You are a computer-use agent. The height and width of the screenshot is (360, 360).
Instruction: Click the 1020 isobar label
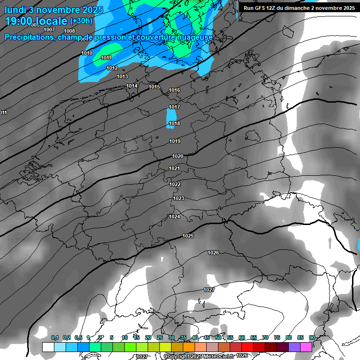pyautogui.click(x=178, y=156)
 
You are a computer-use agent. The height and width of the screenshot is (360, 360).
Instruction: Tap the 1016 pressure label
pyautogui.click(x=174, y=90)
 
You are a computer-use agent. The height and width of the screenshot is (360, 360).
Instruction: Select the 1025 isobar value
pyautogui.click(x=188, y=236)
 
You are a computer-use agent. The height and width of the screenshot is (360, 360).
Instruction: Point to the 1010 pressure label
pyautogui.click(x=87, y=53)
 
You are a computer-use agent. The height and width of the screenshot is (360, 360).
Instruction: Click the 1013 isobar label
pyautogui.click(x=122, y=76)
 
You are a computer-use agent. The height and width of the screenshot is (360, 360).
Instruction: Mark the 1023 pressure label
pyautogui.click(x=179, y=198)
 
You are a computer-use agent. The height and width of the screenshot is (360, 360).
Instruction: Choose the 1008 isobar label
pyautogui.click(x=69, y=31)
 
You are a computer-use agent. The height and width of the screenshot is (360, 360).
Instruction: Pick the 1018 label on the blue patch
pyautogui.click(x=174, y=124)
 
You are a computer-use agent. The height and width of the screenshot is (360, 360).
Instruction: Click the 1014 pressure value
pyautogui.click(x=132, y=86)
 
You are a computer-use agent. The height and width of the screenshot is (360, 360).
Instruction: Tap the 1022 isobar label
pyautogui.click(x=175, y=184)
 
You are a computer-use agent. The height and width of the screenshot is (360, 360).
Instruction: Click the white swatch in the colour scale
pyautogui.click(x=48, y=347)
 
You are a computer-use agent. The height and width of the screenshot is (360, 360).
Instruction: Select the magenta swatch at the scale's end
pyautogui.click(x=306, y=347)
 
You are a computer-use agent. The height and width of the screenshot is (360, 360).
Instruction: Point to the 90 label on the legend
pyautogui.click(x=312, y=337)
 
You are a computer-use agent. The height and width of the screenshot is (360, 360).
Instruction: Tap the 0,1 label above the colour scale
pyautogui.click(x=55, y=337)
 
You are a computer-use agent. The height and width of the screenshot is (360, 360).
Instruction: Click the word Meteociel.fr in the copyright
pyautogui.click(x=217, y=356)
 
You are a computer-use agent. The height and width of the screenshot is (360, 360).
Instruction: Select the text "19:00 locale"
pyautogui.click(x=36, y=21)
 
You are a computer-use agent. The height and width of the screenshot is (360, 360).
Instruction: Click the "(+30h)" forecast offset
pyautogui.click(x=81, y=21)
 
